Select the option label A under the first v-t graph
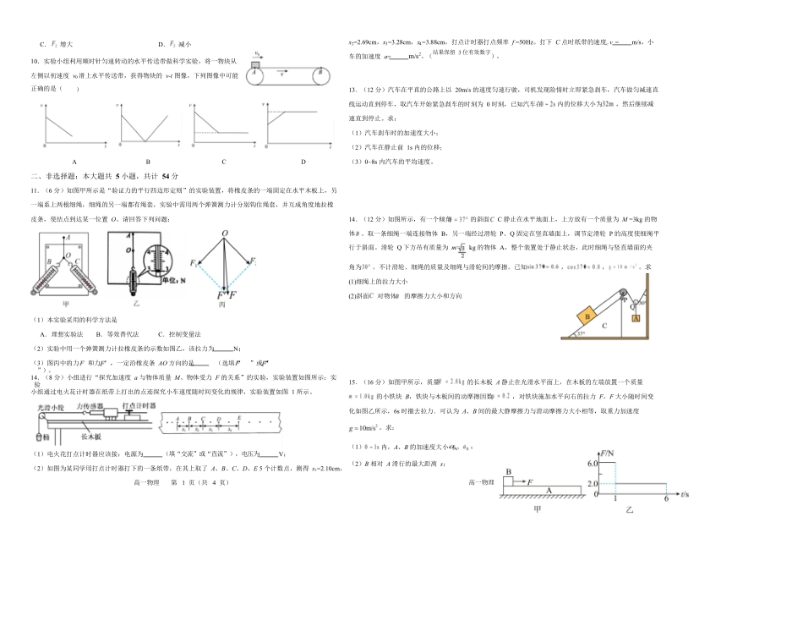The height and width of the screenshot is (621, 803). click(x=74, y=161)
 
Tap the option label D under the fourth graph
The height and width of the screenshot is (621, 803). click(x=303, y=161)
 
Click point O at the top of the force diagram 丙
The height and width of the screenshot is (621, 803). click(x=224, y=234)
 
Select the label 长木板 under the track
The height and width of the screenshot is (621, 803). click(x=91, y=438)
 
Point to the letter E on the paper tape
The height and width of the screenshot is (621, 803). click(x=240, y=417)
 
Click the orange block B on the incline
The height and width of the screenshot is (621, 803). click(x=586, y=316)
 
